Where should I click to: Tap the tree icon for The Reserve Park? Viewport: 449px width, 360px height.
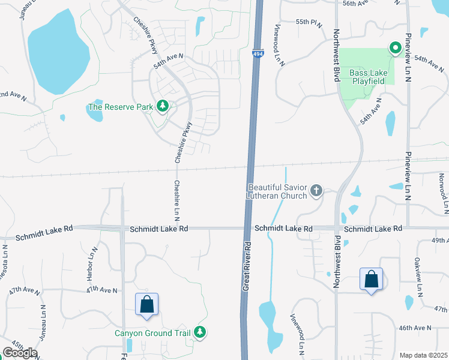tap(162, 107)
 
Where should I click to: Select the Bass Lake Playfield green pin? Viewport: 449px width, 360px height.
tap(395, 47)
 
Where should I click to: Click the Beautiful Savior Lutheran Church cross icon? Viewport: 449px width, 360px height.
tap(316, 191)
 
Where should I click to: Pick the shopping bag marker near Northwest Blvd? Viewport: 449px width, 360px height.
tap(372, 279)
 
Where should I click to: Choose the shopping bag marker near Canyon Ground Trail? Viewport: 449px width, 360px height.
tap(146, 305)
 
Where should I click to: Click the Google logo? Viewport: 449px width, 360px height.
tap(20, 353)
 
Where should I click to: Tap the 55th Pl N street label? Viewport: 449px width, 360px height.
tap(309, 22)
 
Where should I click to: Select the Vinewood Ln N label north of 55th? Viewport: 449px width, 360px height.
tap(280, 44)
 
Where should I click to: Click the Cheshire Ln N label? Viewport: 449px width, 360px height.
tap(177, 200)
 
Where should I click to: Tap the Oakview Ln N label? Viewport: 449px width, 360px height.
tap(418, 277)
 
